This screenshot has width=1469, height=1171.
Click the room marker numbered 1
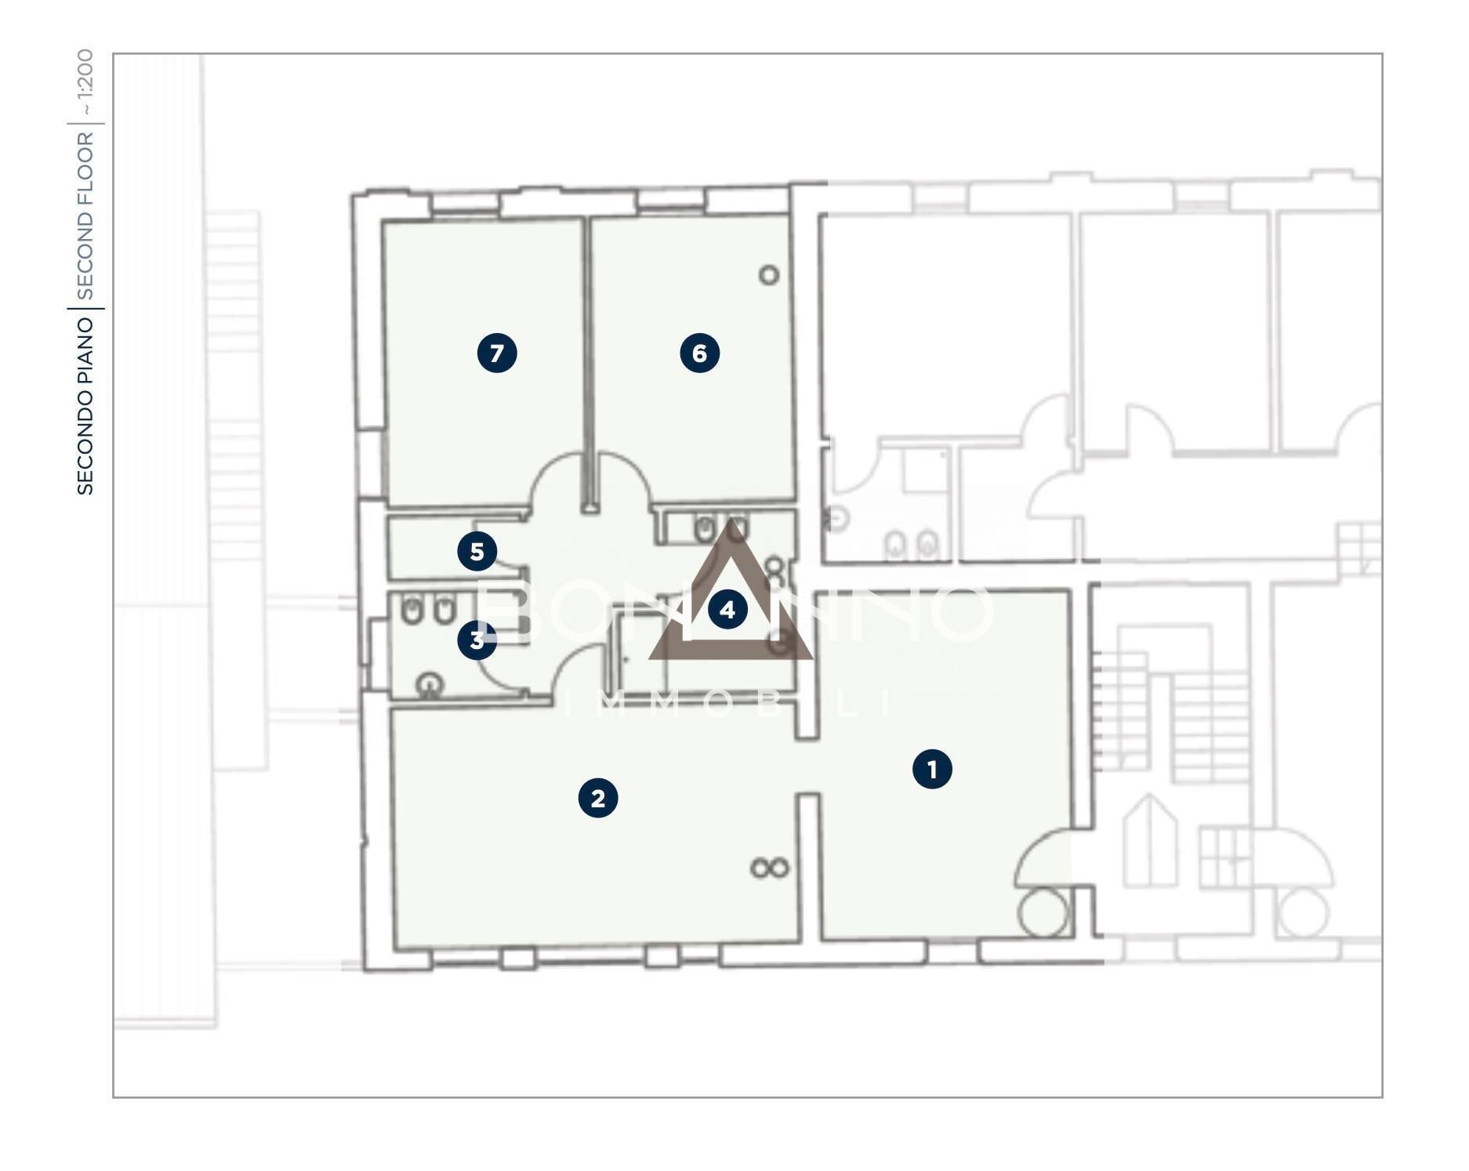click(932, 769)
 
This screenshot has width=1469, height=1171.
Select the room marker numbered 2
click(598, 798)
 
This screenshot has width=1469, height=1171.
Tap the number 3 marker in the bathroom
click(477, 640)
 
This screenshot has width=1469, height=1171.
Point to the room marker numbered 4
click(727, 609)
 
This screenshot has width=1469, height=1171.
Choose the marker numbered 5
click(477, 552)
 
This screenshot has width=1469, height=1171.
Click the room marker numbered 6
click(699, 353)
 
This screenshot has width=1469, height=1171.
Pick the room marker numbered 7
click(497, 353)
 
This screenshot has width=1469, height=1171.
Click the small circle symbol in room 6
click(769, 275)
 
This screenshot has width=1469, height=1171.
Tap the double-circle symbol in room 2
click(769, 868)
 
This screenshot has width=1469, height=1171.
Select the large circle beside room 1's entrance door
click(1043, 912)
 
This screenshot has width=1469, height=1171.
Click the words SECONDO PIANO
click(85, 405)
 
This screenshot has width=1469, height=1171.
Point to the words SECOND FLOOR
click(85, 216)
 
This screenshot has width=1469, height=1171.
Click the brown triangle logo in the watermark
click(731, 596)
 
